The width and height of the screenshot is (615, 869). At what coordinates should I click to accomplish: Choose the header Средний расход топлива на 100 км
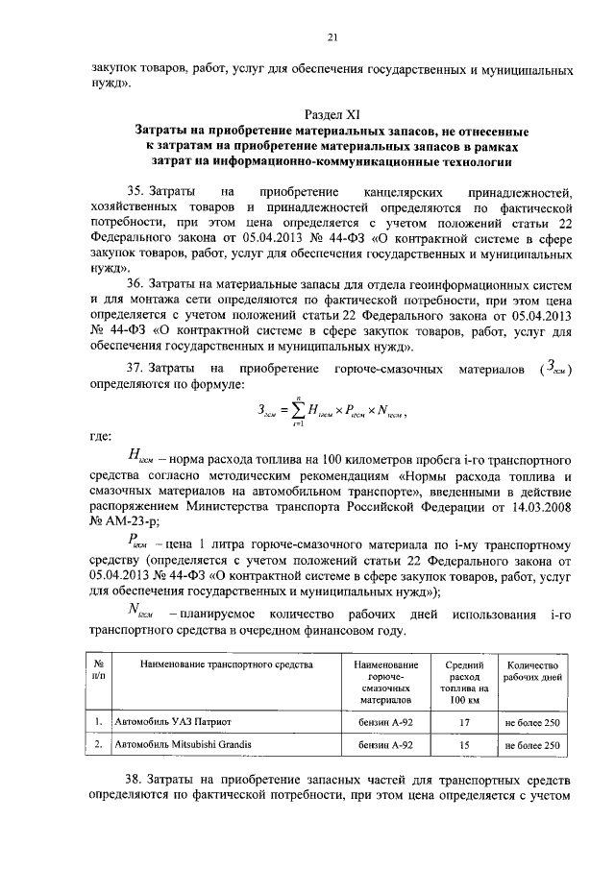coord(465,683)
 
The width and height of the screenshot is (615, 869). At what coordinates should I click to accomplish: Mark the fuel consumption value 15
coord(465,744)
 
